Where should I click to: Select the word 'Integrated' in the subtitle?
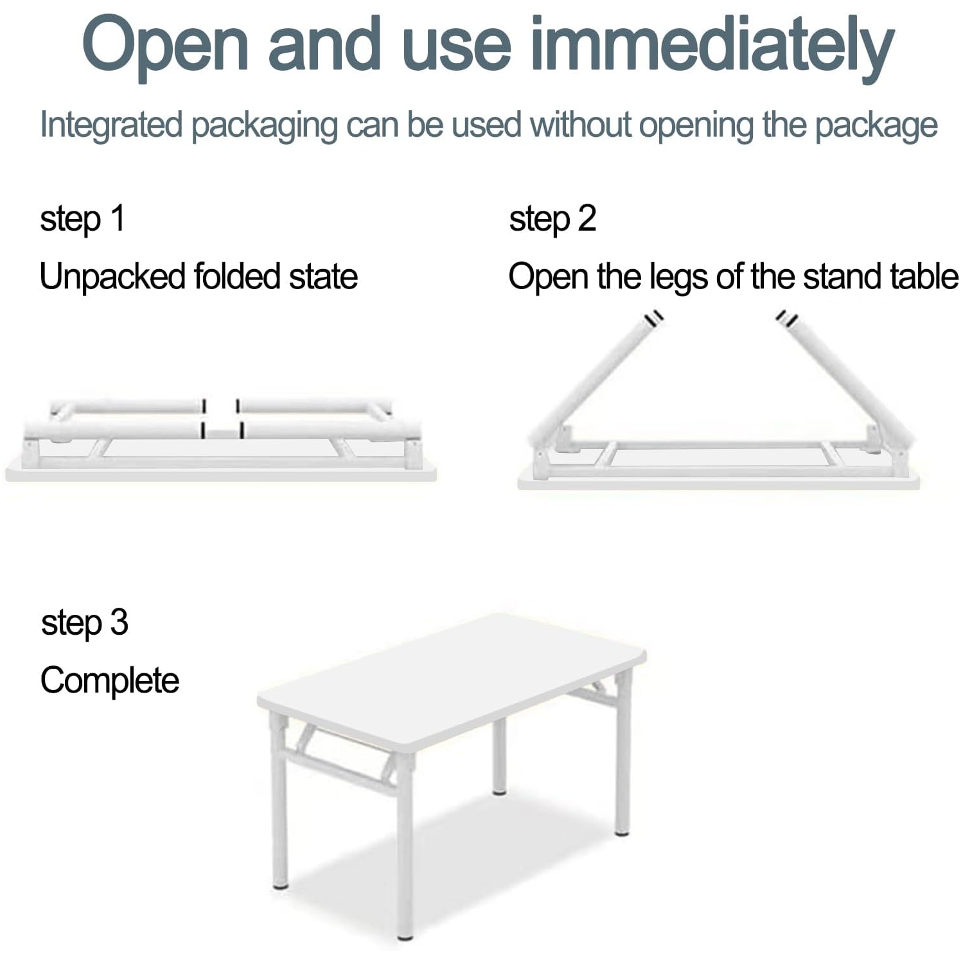[110, 125]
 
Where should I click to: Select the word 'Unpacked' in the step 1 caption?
[112, 277]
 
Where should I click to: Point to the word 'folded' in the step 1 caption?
[237, 277]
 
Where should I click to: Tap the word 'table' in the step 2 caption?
[924, 277]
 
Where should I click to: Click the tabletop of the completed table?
[450, 681]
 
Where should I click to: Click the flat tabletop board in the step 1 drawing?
[218, 474]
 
